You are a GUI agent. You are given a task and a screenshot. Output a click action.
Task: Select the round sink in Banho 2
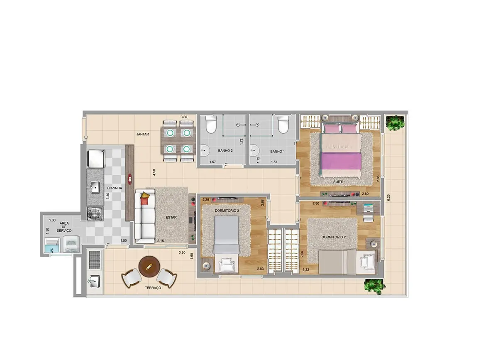(205, 149)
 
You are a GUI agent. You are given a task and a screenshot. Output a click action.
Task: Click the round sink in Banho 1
(254, 149)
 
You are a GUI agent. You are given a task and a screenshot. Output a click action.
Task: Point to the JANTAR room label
(143, 135)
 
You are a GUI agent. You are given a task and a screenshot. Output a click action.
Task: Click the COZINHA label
(115, 188)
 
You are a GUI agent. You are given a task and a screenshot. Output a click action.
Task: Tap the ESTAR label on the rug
(171, 217)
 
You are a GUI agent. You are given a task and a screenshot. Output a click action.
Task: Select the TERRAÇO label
(153, 287)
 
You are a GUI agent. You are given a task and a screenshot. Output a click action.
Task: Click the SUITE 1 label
(339, 182)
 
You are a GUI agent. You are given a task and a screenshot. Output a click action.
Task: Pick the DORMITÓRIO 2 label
(334, 237)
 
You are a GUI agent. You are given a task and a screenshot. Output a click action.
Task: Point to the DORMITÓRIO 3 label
(227, 211)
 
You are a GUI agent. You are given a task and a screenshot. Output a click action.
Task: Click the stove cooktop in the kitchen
(95, 213)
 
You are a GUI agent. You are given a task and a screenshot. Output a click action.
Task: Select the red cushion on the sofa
(144, 201)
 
